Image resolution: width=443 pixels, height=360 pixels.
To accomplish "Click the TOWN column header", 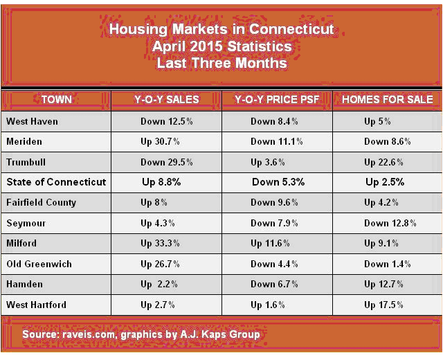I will [56, 100].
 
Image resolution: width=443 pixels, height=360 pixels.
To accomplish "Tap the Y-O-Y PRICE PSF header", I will [277, 100].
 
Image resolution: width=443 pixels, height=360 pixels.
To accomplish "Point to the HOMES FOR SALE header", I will [387, 100].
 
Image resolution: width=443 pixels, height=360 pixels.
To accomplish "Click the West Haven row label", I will [33, 122].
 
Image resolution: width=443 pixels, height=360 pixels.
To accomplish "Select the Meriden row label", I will [26, 142].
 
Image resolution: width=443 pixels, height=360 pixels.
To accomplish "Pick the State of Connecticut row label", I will [56, 182].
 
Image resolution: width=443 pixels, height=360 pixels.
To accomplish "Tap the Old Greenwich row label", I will [39, 264].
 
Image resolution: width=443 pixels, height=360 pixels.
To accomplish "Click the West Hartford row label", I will [37, 305].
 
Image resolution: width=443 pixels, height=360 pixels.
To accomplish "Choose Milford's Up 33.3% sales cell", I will [166, 244].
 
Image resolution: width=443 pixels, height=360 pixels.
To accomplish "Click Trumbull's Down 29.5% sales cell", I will [166, 162].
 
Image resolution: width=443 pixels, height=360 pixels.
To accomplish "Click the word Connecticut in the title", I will [291, 30].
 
